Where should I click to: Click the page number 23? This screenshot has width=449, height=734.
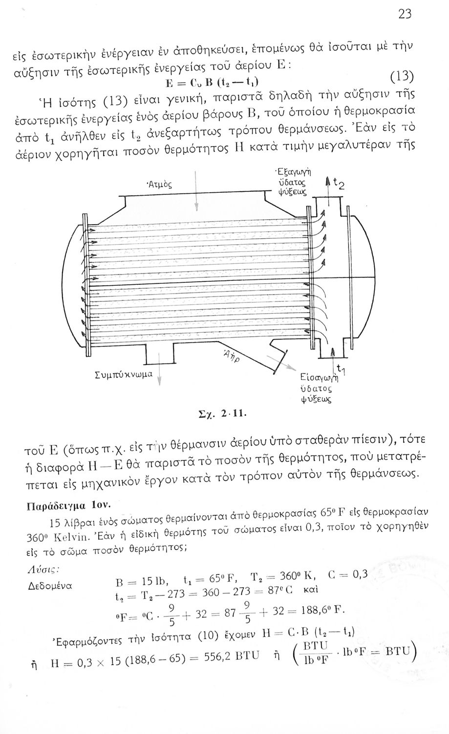[x=405, y=14]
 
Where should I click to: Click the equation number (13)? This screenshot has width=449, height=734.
[x=403, y=77]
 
